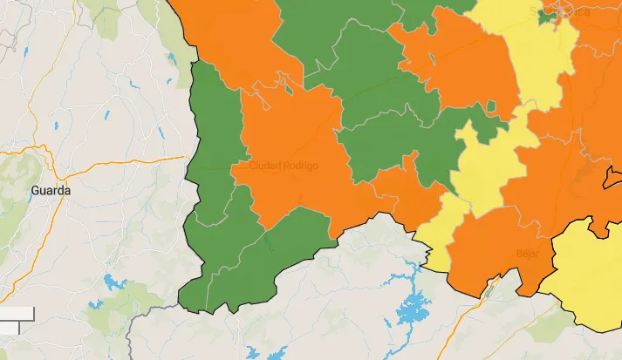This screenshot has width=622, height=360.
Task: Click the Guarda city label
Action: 51,189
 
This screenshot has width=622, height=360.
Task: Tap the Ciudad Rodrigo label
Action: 284,166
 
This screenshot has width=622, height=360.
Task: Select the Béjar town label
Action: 528,254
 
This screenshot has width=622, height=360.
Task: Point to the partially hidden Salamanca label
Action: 558,11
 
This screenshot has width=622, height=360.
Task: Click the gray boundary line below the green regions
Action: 148,309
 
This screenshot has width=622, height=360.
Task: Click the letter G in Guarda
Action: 35,189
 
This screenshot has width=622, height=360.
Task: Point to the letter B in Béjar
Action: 519,254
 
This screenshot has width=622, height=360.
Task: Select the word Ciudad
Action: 264,166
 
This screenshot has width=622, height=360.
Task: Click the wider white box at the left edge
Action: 16,313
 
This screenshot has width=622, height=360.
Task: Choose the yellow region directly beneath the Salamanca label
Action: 541,61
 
